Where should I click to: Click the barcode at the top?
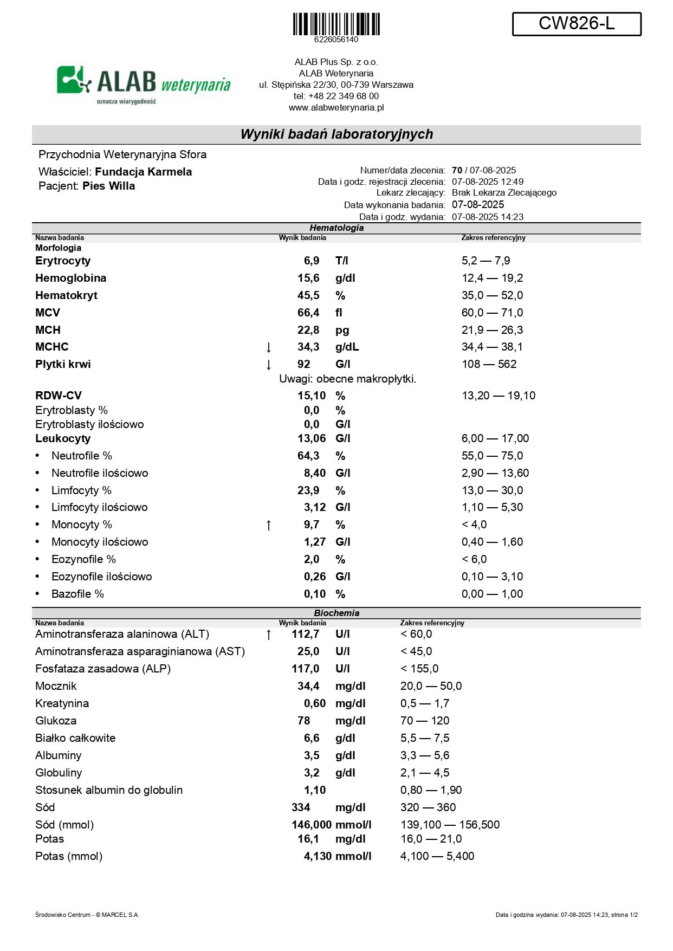tap(336, 24)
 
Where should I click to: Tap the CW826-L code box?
tap(577, 24)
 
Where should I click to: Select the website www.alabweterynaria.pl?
tap(336, 107)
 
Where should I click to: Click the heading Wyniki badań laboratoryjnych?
tap(336, 134)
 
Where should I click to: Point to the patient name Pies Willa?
tap(108, 186)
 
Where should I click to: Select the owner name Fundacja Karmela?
tap(143, 172)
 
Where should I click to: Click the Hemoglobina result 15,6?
tap(308, 278)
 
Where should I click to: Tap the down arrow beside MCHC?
tap(268, 347)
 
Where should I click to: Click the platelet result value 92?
tap(304, 364)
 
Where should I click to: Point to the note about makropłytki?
tap(347, 379)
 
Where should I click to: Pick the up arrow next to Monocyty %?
tap(268, 525)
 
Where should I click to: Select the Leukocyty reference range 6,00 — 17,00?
tap(495, 438)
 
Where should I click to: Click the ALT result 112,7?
tap(306, 634)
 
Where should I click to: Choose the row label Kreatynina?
tap(62, 703)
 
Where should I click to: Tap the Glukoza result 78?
tap(304, 721)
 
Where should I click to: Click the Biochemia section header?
tap(336, 613)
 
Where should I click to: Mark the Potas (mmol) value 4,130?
tap(318, 856)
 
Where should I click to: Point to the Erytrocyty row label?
tap(63, 261)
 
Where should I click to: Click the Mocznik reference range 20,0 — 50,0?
tap(431, 686)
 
